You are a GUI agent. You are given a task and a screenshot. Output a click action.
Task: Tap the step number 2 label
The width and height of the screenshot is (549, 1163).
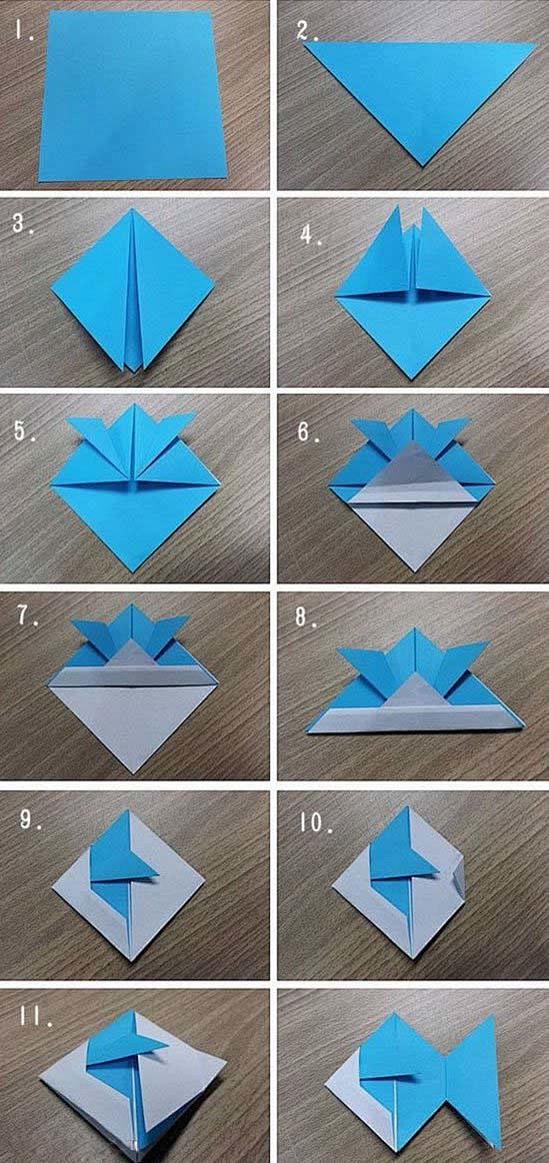point(307,31)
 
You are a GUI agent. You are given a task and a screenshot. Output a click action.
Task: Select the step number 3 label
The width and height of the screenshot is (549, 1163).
point(22,223)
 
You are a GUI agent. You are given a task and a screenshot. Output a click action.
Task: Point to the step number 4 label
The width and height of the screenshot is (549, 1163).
point(311,238)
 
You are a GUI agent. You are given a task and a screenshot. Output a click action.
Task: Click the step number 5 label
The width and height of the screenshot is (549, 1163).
point(23,431)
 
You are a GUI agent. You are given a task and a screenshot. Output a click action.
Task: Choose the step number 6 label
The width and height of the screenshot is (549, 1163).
point(309,432)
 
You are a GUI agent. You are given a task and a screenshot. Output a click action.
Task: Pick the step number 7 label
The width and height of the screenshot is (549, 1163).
point(28,617)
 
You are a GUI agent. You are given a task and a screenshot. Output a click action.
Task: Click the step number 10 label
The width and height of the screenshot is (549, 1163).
point(316,822)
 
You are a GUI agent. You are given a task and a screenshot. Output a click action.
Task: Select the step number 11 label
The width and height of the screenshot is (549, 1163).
point(34,1016)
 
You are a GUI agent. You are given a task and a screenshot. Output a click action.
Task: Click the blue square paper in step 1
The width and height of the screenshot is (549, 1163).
point(132,97)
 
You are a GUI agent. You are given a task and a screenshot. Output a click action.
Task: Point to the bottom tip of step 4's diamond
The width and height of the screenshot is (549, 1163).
point(414,378)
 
